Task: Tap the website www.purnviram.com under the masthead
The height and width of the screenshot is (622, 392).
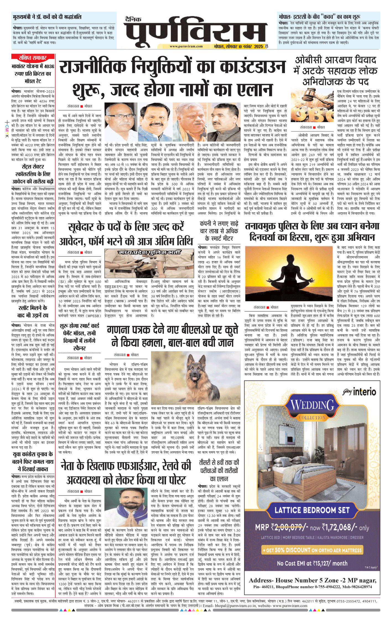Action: point(186,46)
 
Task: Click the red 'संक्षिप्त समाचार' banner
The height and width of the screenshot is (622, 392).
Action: point(33,57)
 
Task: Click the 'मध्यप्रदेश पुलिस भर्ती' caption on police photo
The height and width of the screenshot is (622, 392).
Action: point(150,252)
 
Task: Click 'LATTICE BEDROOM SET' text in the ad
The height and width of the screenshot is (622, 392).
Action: point(312,510)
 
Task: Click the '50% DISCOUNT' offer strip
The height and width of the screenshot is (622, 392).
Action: point(312,550)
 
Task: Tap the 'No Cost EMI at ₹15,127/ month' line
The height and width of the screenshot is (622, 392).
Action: point(312,563)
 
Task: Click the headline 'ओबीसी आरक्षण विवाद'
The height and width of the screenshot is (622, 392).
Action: point(335,60)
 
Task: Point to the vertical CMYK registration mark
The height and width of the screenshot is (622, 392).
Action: point(7,130)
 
